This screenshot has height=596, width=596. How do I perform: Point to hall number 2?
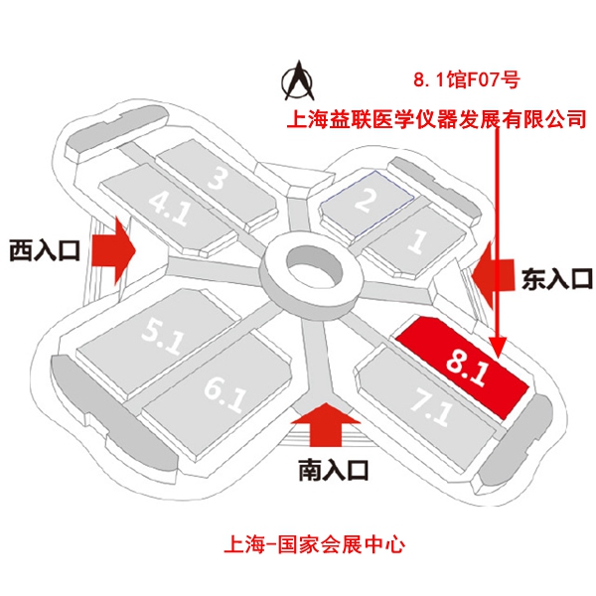pos(367,202)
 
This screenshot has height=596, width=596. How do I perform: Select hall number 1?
pos(417,239)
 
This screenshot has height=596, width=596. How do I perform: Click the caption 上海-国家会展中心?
pos(314,544)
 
